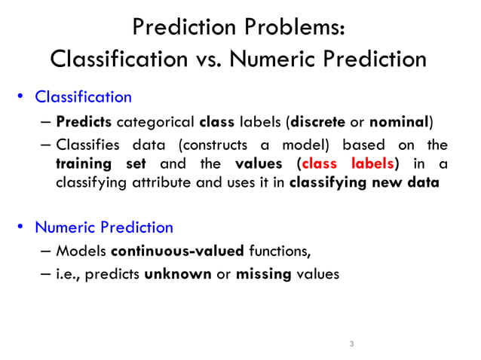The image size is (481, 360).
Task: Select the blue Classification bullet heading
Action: pyautogui.click(x=84, y=97)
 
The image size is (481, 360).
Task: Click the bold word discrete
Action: pyautogui.click(x=319, y=121)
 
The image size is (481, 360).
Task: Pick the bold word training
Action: pyautogui.click(x=84, y=163)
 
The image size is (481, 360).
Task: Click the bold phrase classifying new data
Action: pyautogui.click(x=364, y=182)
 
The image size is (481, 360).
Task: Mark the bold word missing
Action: pyautogui.click(x=263, y=274)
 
